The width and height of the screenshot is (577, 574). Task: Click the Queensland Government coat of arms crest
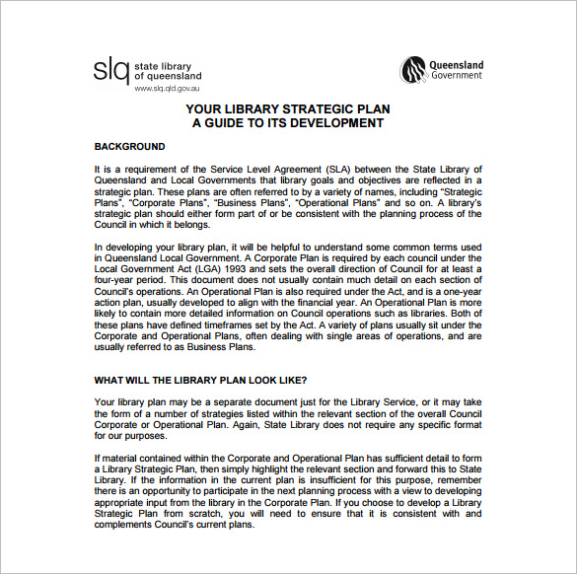[412, 71]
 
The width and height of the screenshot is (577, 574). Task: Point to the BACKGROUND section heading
[129, 147]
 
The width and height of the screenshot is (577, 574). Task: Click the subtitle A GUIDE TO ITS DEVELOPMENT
[287, 123]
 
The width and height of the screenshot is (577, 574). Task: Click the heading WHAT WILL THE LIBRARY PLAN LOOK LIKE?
[200, 380]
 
